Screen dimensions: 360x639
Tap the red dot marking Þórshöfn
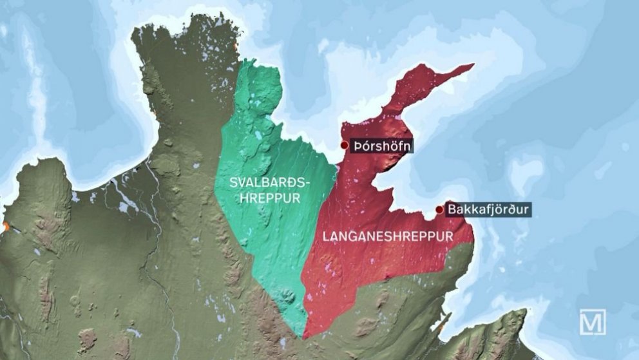point(345,146)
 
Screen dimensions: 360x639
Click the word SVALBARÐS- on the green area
point(270,182)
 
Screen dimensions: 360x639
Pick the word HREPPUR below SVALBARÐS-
point(270,198)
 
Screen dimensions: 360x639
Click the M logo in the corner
point(593,321)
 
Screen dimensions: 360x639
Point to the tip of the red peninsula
point(472,65)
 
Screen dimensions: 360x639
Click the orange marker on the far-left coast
point(5,227)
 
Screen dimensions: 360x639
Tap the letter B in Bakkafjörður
point(452,210)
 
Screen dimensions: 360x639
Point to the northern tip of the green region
point(243,62)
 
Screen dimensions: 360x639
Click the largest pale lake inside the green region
point(258,136)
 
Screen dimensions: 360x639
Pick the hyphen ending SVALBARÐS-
point(307,183)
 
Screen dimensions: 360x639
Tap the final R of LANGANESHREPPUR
point(450,237)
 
